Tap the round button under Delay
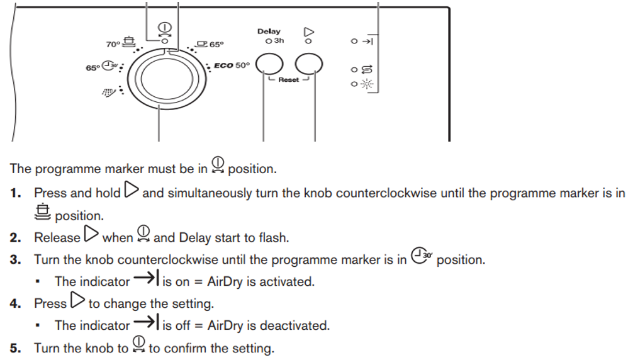(269, 64)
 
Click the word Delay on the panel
(269, 31)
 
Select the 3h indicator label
(279, 40)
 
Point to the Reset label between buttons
(289, 80)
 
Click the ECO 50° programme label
(232, 65)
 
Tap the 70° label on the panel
(113, 44)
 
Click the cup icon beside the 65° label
(201, 43)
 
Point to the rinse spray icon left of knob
(109, 93)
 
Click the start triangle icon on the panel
(308, 30)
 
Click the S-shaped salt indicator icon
(367, 70)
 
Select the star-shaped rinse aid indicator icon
(367, 84)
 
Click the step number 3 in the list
(14, 259)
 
